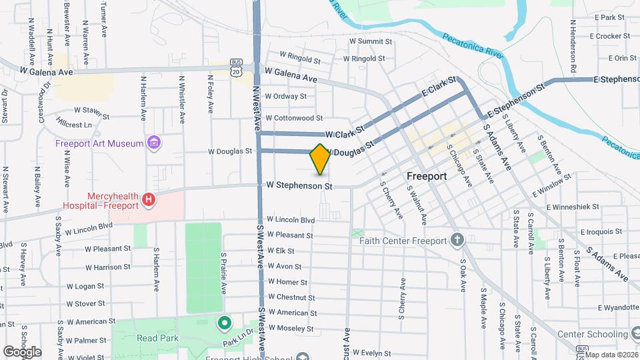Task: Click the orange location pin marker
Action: click(320, 159)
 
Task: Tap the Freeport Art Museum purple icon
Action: click(155, 142)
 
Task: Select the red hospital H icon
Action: click(149, 199)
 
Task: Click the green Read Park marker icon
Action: click(225, 324)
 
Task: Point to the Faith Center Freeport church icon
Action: click(457, 239)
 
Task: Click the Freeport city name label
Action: click(427, 177)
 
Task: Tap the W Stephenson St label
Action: click(299, 185)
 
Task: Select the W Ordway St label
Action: click(285, 96)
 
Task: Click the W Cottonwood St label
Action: click(294, 118)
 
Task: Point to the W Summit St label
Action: click(371, 41)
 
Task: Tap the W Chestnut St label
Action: click(291, 297)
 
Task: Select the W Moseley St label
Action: click(291, 329)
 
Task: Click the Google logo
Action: click(22, 351)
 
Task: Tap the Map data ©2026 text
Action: click(611, 355)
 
